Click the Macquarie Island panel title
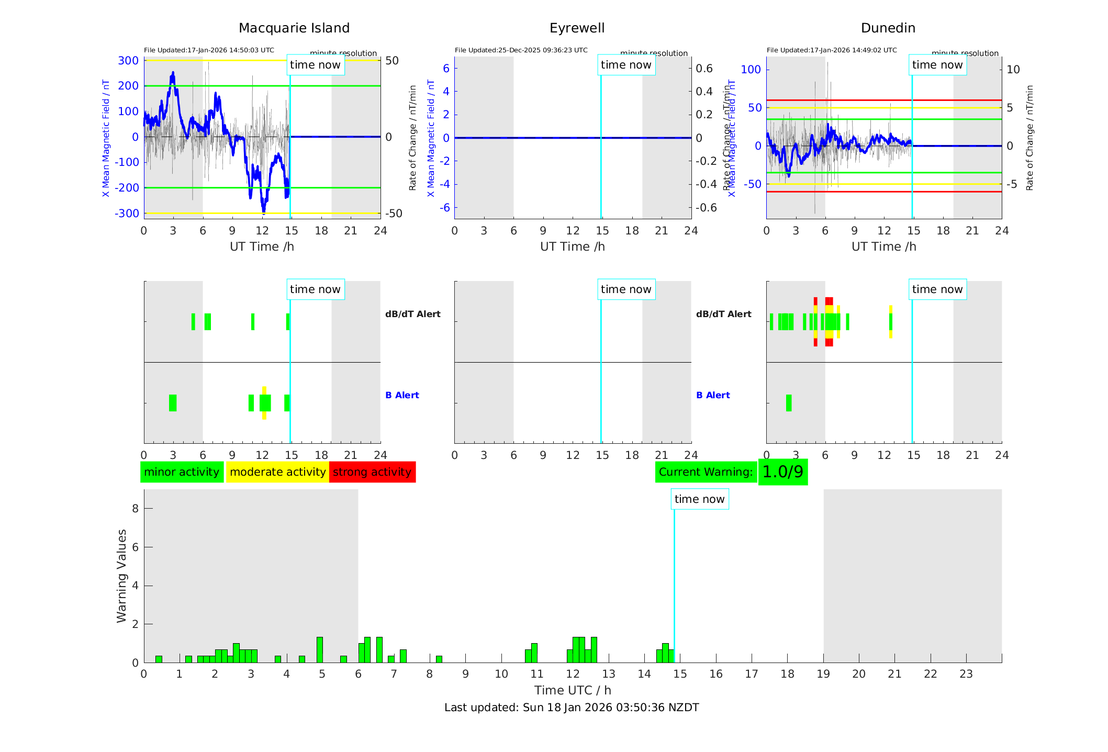tap(294, 28)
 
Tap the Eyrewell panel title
tap(577, 28)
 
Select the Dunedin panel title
tap(888, 28)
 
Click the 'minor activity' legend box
tap(182, 472)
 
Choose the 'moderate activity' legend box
tap(277, 472)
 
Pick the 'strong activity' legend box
tap(372, 472)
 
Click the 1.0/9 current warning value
tap(782, 472)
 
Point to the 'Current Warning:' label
tap(706, 472)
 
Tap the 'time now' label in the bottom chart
tap(699, 499)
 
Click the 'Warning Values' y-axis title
tap(122, 576)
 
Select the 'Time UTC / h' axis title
tap(573, 690)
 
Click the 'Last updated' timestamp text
tap(572, 708)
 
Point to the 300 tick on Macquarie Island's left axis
tap(128, 61)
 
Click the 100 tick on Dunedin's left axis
tap(751, 70)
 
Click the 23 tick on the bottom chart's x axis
tap(966, 674)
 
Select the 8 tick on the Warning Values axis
tap(135, 508)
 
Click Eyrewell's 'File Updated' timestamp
tap(521, 50)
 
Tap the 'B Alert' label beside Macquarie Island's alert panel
tap(402, 395)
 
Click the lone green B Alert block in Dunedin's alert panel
tap(789, 403)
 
